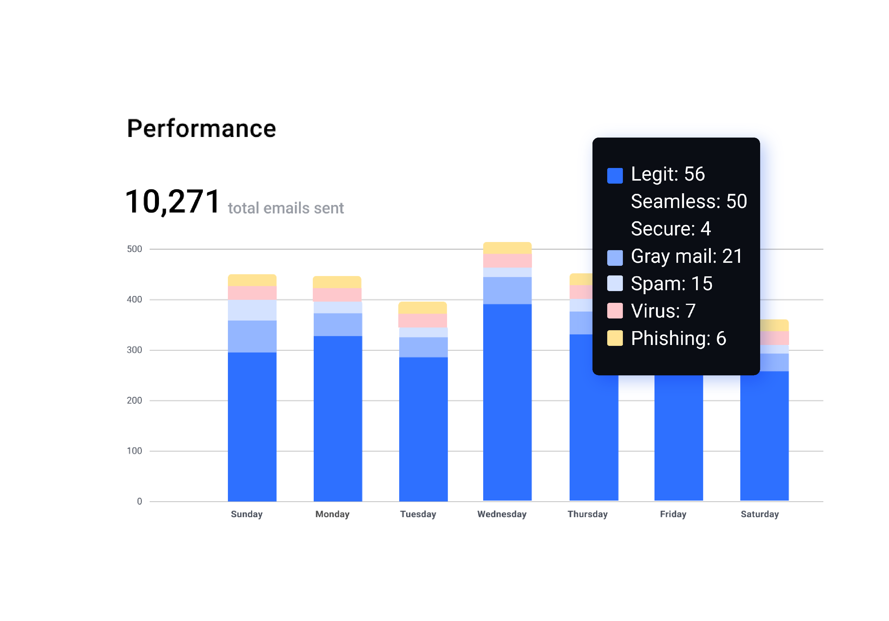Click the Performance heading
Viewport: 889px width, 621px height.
[201, 129]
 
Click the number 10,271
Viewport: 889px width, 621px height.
[173, 202]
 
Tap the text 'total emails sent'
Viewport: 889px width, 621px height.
[286, 208]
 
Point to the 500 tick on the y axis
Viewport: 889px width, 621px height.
[134, 249]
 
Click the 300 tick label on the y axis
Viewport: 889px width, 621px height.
[134, 350]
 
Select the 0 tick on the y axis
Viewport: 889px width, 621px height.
[139, 501]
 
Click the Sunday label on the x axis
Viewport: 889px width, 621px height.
[247, 514]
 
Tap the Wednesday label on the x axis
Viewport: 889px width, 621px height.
[502, 514]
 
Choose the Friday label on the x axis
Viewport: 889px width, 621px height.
[673, 514]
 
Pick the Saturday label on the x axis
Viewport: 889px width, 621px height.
[760, 514]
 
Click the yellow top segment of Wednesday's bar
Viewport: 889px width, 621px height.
[507, 248]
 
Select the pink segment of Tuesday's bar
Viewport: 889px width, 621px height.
[423, 321]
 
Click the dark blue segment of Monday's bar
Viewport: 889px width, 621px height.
[338, 418]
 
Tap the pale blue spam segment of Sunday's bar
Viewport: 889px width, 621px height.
[252, 310]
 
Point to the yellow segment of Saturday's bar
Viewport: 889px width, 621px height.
[774, 325]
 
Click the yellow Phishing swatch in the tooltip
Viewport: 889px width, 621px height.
[615, 338]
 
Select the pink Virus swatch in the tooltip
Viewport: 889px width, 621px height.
[615, 311]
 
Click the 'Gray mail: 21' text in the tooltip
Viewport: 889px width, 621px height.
[686, 256]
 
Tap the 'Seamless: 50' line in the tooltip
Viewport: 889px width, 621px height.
[689, 201]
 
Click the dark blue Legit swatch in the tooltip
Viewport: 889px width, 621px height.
[615, 175]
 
